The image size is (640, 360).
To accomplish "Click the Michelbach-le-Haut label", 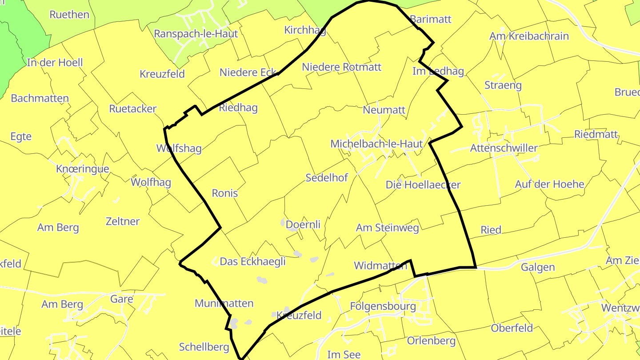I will coord(376,144).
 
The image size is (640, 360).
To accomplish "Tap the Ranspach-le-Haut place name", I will coord(196,34).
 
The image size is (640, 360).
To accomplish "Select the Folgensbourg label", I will coord(383,306).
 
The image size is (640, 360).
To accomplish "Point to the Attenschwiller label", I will coord(504,148).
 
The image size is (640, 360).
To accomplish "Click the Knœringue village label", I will coord(83,169).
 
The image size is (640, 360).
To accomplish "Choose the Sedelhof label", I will coord(327,178).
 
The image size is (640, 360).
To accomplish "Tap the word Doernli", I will coord(303,225).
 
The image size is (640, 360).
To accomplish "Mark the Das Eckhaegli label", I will coord(253,262).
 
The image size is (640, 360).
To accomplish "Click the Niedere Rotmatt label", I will coord(342,67).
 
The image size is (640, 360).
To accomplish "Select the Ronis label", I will coord(225,193).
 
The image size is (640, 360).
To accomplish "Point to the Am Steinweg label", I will coord(388,228).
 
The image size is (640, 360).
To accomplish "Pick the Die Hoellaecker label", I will coord(423,185).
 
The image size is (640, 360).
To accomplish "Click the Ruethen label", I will coord(69,15).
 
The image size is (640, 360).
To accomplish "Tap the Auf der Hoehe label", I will coord(550,184).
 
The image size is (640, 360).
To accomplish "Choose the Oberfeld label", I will coord(512,328).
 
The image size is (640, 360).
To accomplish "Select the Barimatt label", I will coord(431,19).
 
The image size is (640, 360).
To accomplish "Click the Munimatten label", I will coord(224,304).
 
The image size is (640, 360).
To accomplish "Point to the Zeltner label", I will coord(123,221).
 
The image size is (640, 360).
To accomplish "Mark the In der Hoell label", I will coord(55,63).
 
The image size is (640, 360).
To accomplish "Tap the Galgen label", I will coord(538,267).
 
